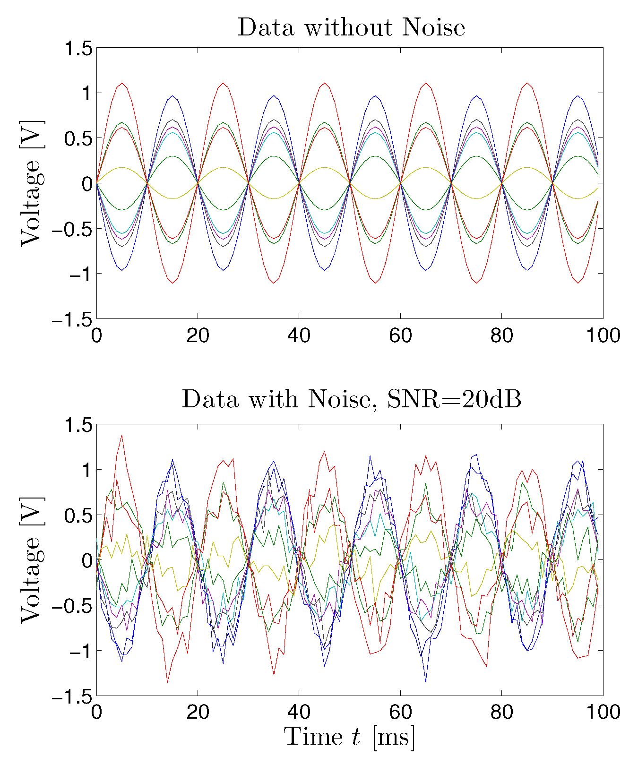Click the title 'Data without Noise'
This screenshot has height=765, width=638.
tap(351, 27)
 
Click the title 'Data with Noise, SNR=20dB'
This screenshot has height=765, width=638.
tap(351, 400)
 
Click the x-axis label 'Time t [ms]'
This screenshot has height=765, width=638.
tap(350, 737)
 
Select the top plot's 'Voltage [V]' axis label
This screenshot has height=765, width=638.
tap(31, 183)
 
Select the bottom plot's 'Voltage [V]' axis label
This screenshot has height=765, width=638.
tap(31, 560)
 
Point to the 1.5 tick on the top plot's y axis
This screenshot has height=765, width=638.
tap(74, 48)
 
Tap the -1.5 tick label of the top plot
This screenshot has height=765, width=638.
tap(71, 319)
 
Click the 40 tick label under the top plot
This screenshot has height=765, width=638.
tap(299, 335)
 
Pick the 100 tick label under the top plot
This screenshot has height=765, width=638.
tap(603, 335)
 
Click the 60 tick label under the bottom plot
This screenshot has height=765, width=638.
tap(400, 712)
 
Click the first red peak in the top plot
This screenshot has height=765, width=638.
tap(122, 83)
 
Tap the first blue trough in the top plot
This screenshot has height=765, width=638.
tap(122, 270)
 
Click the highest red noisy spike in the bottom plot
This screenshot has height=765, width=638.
tap(122, 435)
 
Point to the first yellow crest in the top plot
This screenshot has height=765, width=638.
tap(122, 167)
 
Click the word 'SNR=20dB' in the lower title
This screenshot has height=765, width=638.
tap(454, 400)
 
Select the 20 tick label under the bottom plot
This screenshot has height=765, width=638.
tap(198, 712)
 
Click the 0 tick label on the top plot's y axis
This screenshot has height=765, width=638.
tap(86, 184)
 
